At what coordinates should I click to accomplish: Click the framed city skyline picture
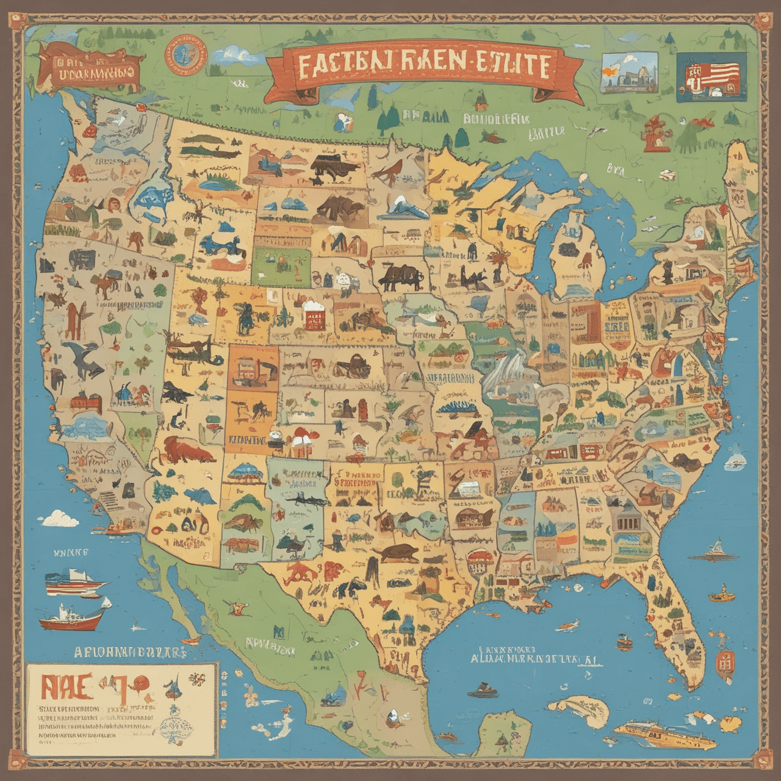click(x=629, y=72)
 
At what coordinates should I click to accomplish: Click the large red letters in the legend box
click(x=67, y=688)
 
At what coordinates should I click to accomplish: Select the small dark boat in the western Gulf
click(x=482, y=693)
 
